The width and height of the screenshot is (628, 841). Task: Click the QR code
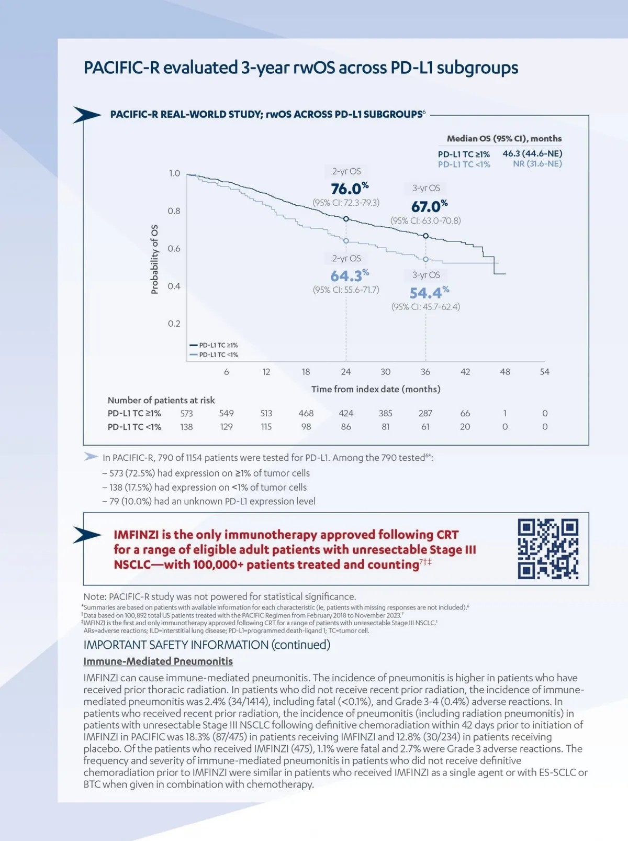coord(548,549)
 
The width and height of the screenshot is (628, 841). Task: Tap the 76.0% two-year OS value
coord(350,189)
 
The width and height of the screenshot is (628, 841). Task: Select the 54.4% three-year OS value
coord(429,292)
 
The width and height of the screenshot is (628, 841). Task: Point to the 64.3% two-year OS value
coord(350,275)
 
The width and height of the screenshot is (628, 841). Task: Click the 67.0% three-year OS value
coord(429,206)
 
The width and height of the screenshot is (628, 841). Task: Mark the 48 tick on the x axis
coord(505,372)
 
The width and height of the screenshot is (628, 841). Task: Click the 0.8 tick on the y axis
coord(174,211)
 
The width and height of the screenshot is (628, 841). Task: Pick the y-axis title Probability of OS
coord(154,260)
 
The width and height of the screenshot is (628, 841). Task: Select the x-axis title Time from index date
coord(376,389)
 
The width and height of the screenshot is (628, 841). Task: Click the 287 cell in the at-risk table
coord(425,413)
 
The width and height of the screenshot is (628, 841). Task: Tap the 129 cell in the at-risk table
coord(226,427)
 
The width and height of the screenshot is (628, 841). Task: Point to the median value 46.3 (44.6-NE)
coord(532,153)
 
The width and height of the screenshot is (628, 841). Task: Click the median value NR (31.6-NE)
coord(537,164)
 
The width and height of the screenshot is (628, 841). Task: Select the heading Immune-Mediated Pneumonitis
coord(158,661)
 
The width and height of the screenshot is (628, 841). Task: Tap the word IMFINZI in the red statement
coord(136,535)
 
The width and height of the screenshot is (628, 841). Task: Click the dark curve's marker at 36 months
coord(426,236)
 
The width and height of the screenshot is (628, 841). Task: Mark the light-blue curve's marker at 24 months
coord(346,240)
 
